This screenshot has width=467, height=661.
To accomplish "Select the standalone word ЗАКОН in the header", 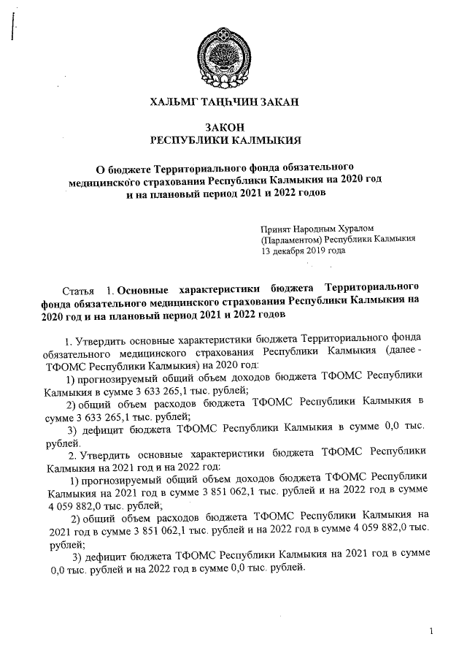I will point(225,127).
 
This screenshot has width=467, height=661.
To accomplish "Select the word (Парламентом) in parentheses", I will point(291,239).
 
